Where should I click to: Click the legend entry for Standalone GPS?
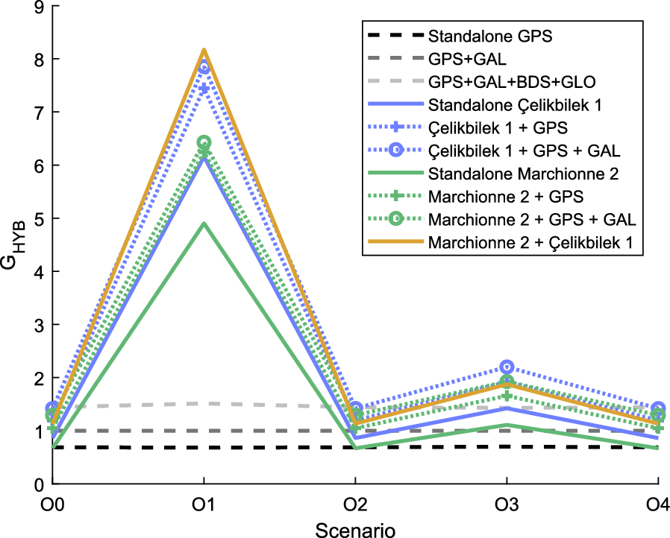pos(490,35)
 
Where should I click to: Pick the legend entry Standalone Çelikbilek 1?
pos(504,104)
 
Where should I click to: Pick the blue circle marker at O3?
pos(507,367)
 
